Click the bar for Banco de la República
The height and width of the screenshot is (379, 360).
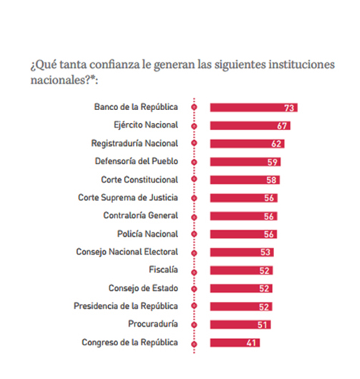coord(253,107)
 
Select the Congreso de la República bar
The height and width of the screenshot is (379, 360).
coord(235,343)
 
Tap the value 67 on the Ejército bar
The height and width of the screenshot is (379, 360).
coord(282,126)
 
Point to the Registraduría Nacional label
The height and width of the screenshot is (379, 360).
coord(135,143)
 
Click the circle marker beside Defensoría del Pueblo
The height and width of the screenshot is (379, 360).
coord(194,162)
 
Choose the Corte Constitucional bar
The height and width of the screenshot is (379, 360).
coord(245,179)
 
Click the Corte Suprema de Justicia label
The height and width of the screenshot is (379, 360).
coord(127,197)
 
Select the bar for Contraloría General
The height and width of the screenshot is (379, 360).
coord(243,216)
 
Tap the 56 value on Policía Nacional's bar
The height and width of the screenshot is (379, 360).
coord(268,235)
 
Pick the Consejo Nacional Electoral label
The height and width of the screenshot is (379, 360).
coord(127,252)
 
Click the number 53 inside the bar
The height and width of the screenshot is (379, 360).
coord(265,252)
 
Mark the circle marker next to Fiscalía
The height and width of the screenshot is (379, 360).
coord(194,272)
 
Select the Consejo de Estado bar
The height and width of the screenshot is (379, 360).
coord(241,288)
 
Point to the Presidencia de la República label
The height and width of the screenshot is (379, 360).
coord(126,306)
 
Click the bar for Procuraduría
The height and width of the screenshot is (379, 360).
coord(240,325)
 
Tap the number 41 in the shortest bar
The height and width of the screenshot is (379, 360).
coord(251,343)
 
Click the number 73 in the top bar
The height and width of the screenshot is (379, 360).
coord(289,108)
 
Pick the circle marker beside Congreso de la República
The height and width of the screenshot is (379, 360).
coord(194,344)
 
